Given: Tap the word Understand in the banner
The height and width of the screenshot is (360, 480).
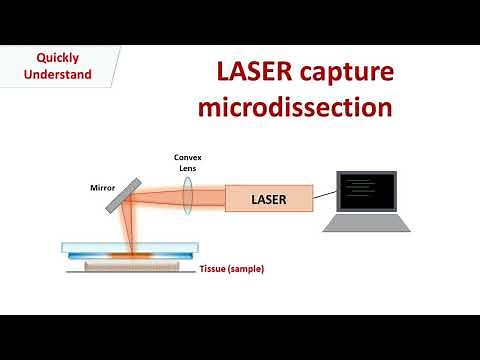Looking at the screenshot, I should click(58, 74).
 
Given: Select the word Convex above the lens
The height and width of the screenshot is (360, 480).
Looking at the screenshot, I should click(188, 156).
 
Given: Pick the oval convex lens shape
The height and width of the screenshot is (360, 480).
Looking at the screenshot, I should click(188, 199).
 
